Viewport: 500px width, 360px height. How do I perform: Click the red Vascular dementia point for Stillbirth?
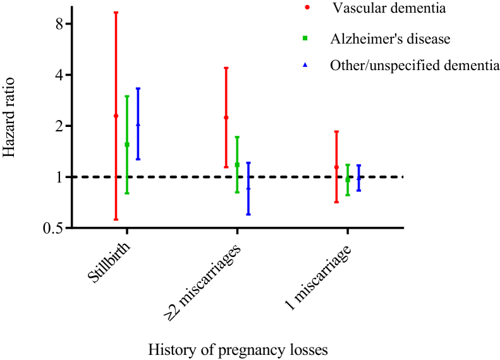click(116, 116)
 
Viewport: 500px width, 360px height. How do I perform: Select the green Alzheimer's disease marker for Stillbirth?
click(127, 145)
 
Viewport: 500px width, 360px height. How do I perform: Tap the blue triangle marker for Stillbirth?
click(138, 124)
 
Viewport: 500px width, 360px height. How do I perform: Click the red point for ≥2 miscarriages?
click(226, 117)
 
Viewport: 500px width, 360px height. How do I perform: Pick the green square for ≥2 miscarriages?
click(237, 165)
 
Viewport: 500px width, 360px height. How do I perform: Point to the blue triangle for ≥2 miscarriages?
click(248, 188)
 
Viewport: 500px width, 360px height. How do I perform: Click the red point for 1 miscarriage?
click(336, 167)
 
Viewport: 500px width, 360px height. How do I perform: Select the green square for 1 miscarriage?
click(348, 180)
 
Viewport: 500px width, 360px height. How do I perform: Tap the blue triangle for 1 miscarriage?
click(359, 177)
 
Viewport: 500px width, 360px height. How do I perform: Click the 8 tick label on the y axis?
click(58, 24)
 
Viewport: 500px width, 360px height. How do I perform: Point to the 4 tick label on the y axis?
click(58, 75)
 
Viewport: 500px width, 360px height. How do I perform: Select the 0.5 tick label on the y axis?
click(52, 228)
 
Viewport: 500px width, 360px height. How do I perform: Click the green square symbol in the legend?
click(305, 39)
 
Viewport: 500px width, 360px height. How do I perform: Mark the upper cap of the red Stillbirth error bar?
click(116, 13)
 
